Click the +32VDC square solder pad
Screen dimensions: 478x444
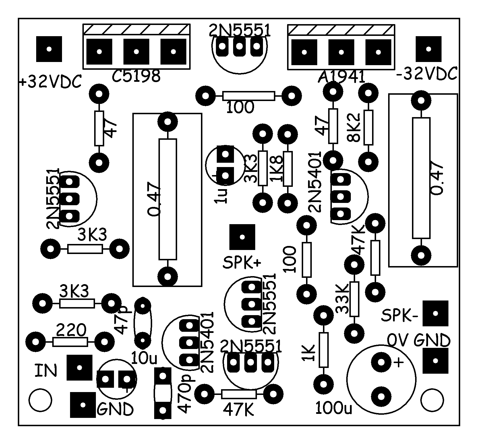(x=49, y=49)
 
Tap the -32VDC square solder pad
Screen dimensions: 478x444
(x=428, y=49)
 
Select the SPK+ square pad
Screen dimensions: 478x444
(x=242, y=237)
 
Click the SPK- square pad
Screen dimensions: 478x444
(x=435, y=313)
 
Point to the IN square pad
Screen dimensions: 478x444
(x=80, y=367)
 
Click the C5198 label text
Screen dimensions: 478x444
(x=136, y=76)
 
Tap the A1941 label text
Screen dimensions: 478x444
(x=341, y=77)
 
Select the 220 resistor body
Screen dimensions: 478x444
(x=70, y=342)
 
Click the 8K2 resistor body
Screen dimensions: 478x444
(x=368, y=127)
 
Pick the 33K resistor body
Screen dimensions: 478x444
(x=355, y=299)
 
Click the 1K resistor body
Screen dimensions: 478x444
(x=324, y=350)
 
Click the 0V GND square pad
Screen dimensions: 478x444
(x=435, y=361)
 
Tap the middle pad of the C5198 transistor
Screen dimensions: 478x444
(x=136, y=52)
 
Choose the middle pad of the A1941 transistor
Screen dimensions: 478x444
(x=341, y=52)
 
